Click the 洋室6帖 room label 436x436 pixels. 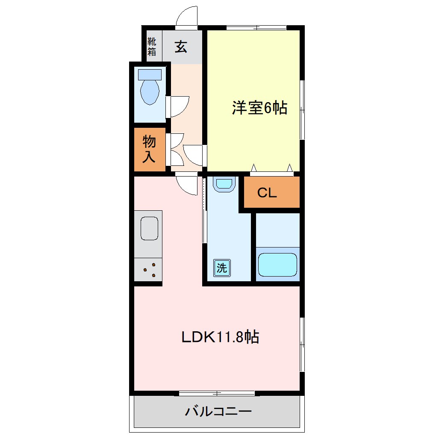click(259, 108)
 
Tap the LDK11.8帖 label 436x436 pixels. click(220, 337)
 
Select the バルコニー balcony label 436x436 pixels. click(218, 412)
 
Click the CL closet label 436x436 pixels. click(267, 193)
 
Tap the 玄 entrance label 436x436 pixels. click(181, 47)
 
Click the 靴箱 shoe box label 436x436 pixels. click(152, 47)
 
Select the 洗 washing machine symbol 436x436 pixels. click(221, 268)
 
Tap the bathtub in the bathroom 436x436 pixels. click(277, 265)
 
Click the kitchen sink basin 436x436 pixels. click(149, 229)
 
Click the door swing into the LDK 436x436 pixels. click(187, 186)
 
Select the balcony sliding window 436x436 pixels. click(217, 393)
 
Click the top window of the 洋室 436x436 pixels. click(256, 28)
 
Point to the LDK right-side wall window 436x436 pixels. click(302, 345)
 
